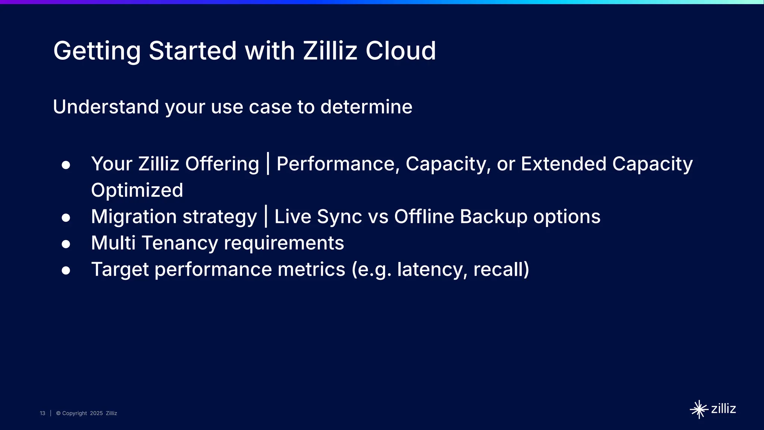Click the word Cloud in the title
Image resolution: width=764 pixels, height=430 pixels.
(x=400, y=51)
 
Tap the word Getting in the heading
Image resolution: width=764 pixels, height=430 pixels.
(x=97, y=52)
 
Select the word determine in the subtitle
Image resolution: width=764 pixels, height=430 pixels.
(x=366, y=107)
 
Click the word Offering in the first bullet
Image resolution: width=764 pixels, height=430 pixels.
(x=222, y=164)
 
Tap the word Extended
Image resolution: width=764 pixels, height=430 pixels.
(x=563, y=164)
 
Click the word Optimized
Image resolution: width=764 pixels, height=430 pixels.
(x=137, y=190)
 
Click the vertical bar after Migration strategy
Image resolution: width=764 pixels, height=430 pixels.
(x=266, y=216)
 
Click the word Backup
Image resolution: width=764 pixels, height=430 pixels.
(x=493, y=217)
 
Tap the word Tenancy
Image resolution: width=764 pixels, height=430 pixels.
(x=180, y=243)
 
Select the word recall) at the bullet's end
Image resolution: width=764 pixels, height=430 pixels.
(x=501, y=269)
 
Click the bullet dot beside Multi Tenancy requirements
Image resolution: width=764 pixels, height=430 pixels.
(x=66, y=244)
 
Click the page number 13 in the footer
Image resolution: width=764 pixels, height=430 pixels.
(x=43, y=413)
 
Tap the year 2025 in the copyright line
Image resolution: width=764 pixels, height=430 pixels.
(x=96, y=413)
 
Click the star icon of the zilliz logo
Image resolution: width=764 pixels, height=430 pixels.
(x=699, y=409)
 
